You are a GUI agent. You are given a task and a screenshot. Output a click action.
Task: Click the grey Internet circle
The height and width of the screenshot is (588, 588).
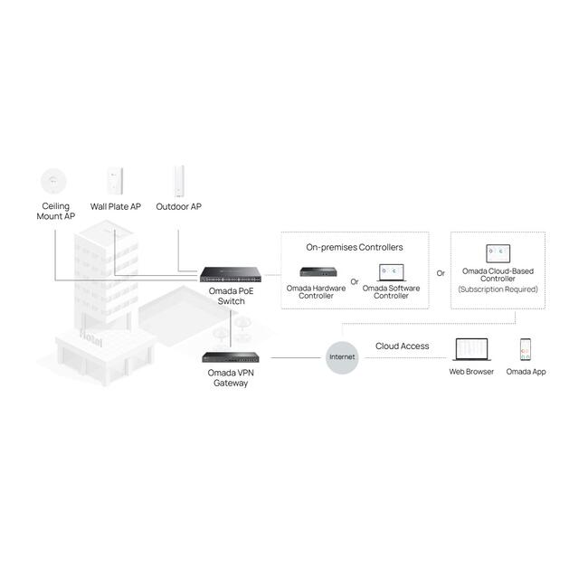(x=342, y=357)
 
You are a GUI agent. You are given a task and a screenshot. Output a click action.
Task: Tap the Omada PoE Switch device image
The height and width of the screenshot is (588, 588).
(x=231, y=274)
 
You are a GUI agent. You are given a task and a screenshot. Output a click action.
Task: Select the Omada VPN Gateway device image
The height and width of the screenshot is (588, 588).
(x=231, y=357)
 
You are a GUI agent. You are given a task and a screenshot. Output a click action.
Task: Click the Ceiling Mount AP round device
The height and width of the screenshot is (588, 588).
(x=53, y=182)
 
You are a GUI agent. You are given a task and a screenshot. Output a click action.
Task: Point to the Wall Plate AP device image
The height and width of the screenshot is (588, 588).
(x=115, y=181)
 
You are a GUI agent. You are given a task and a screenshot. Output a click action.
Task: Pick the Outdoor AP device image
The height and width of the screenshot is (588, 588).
(x=179, y=182)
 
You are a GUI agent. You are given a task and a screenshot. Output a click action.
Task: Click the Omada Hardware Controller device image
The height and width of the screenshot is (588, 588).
(x=318, y=271)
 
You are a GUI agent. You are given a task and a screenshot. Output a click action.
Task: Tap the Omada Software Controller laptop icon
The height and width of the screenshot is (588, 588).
(x=391, y=272)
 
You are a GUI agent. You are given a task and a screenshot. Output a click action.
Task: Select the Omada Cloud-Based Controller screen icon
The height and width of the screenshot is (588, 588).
(x=498, y=253)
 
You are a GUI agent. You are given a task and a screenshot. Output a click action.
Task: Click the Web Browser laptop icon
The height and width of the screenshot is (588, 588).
(x=471, y=349)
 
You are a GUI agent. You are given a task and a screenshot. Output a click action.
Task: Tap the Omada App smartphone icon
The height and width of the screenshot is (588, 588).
(x=526, y=349)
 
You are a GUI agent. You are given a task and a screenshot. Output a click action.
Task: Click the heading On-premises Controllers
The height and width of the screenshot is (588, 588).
(x=355, y=248)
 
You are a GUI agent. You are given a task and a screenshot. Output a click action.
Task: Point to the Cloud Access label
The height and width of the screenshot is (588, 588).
(x=402, y=346)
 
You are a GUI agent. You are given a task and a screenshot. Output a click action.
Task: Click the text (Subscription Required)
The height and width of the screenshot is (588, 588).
(x=498, y=289)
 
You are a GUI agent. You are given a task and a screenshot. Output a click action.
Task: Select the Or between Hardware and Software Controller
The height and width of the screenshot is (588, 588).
(x=355, y=281)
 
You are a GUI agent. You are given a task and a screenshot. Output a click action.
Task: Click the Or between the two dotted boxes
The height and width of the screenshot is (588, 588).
(x=441, y=273)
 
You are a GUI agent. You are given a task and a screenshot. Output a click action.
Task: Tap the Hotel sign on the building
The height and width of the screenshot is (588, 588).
(x=90, y=338)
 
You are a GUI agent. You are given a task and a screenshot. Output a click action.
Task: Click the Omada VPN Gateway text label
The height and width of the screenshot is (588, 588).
(x=231, y=378)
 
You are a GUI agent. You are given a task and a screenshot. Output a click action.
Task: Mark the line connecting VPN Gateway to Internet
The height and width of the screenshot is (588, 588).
(x=296, y=357)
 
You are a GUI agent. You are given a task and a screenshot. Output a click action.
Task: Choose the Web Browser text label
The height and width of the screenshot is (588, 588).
(x=471, y=372)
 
